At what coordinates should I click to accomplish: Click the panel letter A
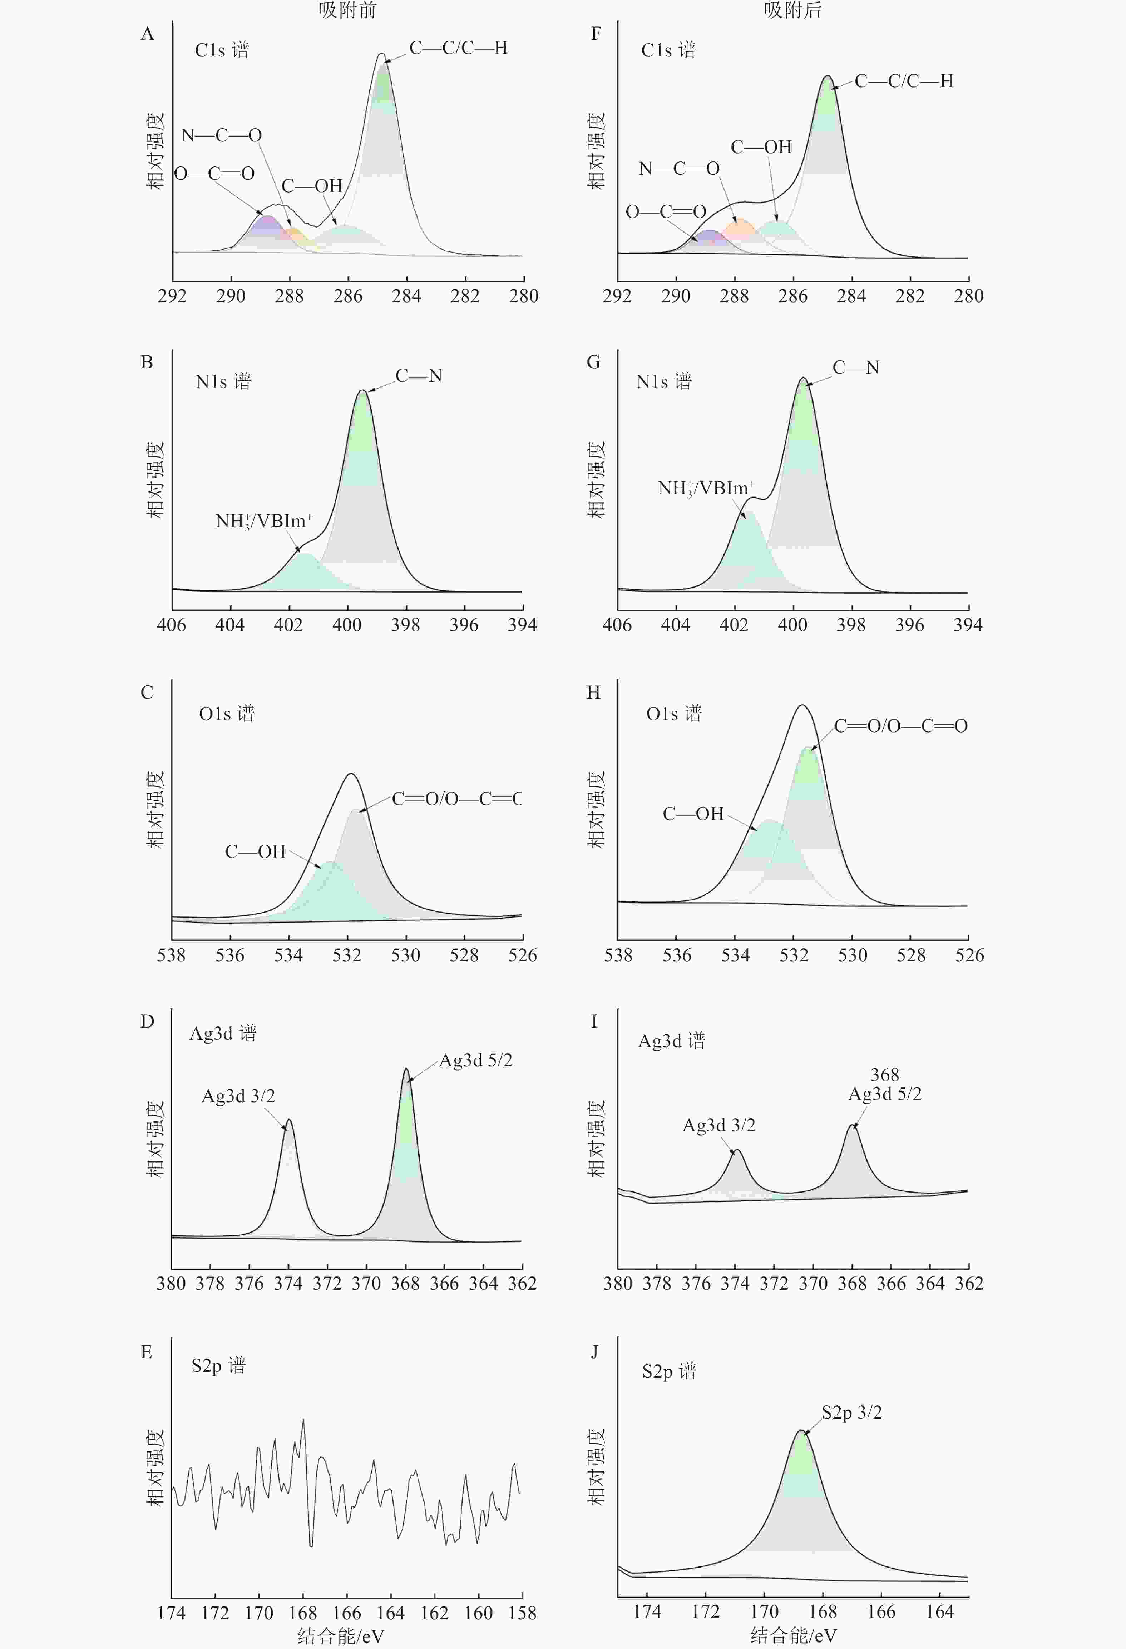point(147,34)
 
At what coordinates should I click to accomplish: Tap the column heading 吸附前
point(347,10)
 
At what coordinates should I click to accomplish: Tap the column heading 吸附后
point(792,10)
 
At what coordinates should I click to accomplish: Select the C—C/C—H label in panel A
point(459,48)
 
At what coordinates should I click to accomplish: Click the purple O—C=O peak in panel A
point(267,226)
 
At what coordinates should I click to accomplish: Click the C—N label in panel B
point(419,376)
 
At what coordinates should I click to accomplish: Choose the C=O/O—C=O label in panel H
point(900,726)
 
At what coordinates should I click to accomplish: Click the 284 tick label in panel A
point(406,296)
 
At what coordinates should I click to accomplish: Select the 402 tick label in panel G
point(734,625)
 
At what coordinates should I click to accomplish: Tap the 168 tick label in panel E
point(303,1613)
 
